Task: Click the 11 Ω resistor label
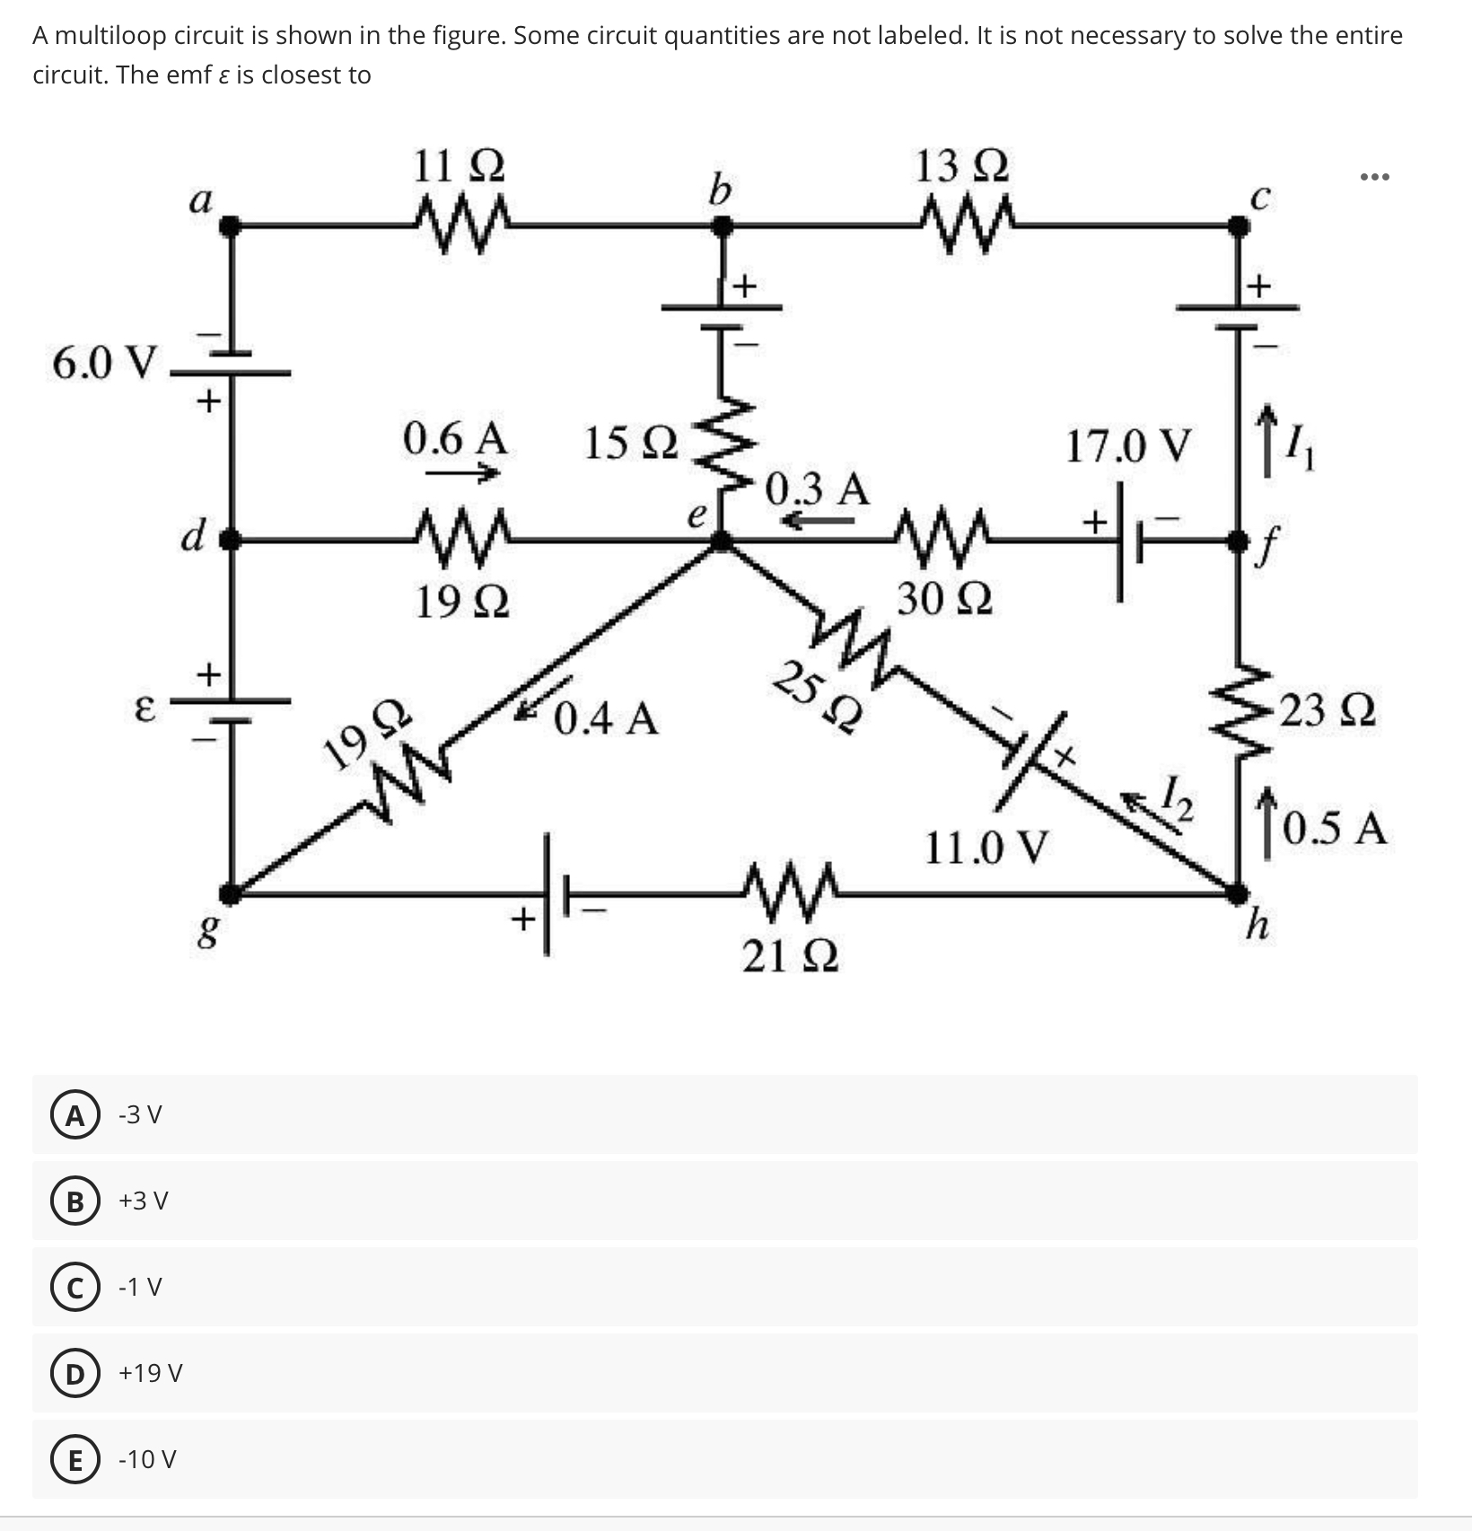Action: tap(459, 167)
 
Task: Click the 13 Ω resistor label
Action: tap(961, 167)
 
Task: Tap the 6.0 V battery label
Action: tap(104, 363)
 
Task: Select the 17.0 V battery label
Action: tap(1129, 446)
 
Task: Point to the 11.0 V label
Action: tap(986, 847)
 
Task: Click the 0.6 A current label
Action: tap(455, 439)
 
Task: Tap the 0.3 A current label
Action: tap(818, 489)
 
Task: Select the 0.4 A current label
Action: tap(607, 718)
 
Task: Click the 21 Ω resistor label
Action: tap(791, 957)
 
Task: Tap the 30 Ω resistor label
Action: tap(945, 598)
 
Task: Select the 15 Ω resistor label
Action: tap(631, 444)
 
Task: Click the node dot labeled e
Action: tap(720, 541)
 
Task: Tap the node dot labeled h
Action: tap(1238, 893)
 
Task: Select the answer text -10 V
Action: tap(147, 1460)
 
